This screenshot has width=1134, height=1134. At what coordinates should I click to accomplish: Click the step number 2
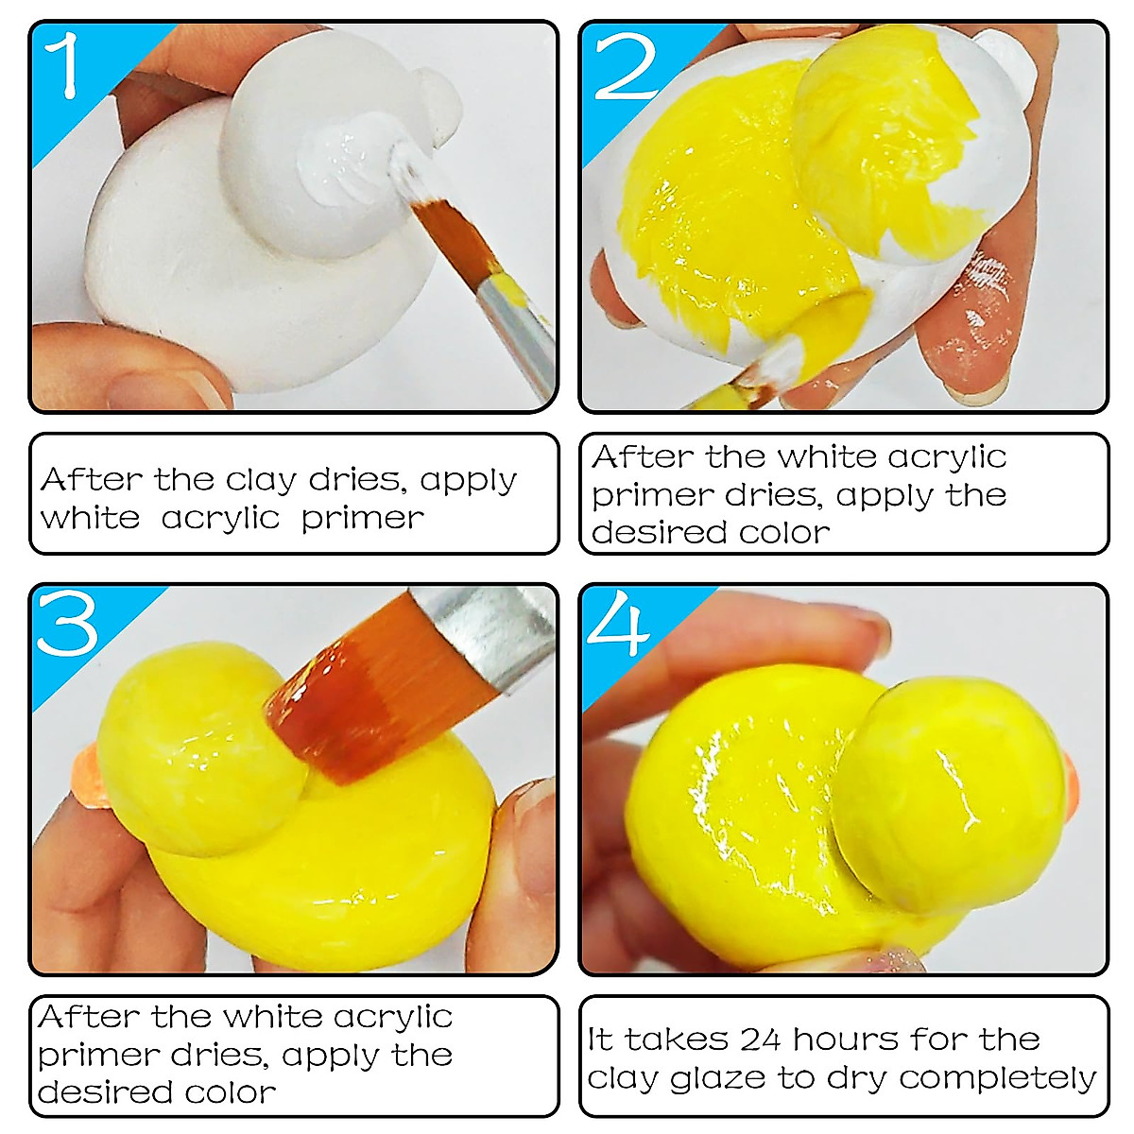[626, 66]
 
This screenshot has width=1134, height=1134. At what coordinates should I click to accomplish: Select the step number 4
[618, 625]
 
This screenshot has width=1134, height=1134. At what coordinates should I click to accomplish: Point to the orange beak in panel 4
[1070, 784]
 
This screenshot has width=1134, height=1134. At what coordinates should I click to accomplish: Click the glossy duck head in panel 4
[945, 794]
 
